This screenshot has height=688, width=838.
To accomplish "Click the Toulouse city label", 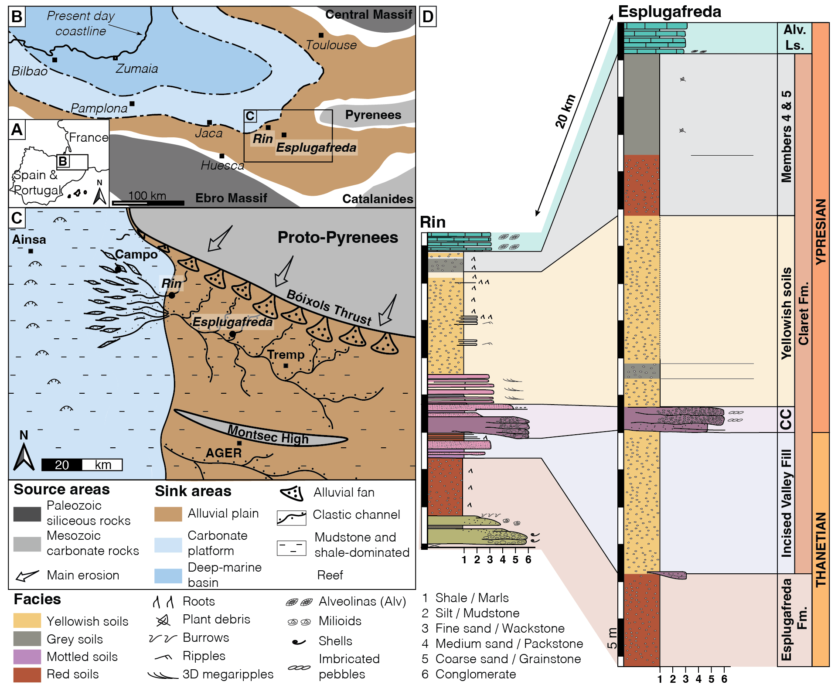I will coord(331,45).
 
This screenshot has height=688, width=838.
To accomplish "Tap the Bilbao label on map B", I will coord(29,71).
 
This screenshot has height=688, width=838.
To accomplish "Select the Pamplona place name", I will coord(99,108).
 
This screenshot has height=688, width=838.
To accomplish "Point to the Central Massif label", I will coord(368,15).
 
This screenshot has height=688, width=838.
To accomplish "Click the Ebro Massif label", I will coord(231,198).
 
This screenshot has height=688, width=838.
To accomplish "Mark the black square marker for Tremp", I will coord(286,366).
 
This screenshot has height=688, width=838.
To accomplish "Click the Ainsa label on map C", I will coord(29,239).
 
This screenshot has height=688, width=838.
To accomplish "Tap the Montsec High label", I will coord(268,435).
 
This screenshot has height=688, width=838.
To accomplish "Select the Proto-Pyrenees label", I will coord(337,237).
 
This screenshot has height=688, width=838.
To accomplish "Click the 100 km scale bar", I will coord(148,203).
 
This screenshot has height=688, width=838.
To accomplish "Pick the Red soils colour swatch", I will coord(27,674).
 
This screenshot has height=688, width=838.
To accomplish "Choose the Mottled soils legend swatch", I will coord(27,657).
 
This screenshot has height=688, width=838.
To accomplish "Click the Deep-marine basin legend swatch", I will coord(168,576).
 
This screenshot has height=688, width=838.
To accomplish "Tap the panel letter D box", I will coord(428,17).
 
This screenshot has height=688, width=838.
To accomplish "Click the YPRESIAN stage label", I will coord(821,231).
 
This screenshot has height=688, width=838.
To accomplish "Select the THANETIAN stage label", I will coord(821,549).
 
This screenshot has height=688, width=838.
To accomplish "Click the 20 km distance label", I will coord(565,111).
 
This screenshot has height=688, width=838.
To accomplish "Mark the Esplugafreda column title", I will coord(669,12).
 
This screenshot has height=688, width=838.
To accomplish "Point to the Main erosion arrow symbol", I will coord(27,576).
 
